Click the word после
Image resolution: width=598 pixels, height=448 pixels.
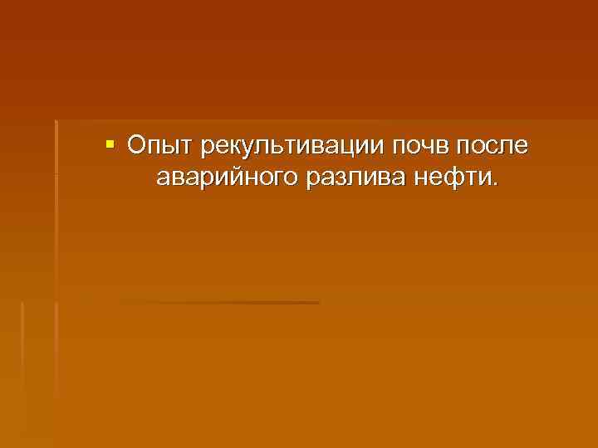coord(495,148)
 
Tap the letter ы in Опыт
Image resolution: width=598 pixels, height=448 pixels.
coord(164,148)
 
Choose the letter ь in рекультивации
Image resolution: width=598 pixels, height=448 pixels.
coord(268,148)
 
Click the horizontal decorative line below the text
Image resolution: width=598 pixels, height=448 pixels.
coord(220,303)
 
